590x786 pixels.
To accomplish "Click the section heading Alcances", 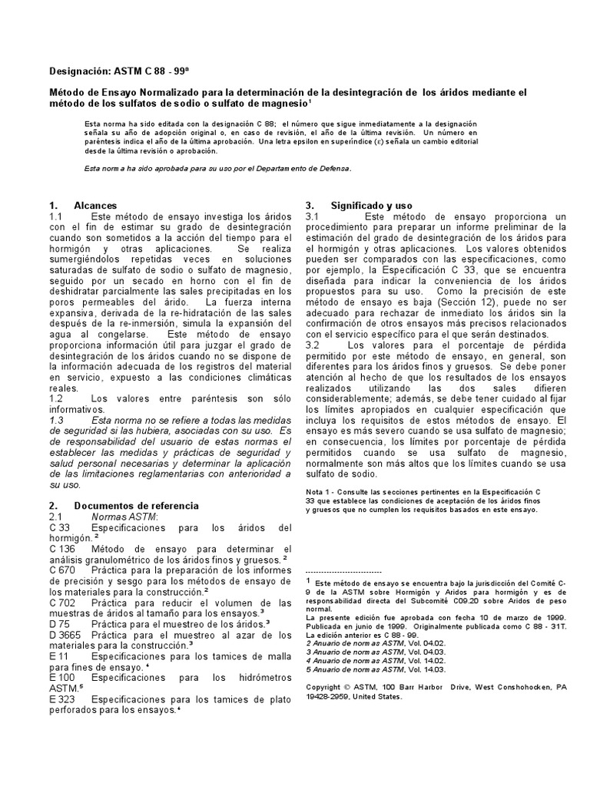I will pyautogui.click(x=95, y=206).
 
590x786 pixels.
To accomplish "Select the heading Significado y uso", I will pyautogui.click(x=371, y=206).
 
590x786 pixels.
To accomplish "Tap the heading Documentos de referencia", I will pyautogui.click(x=136, y=506).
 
